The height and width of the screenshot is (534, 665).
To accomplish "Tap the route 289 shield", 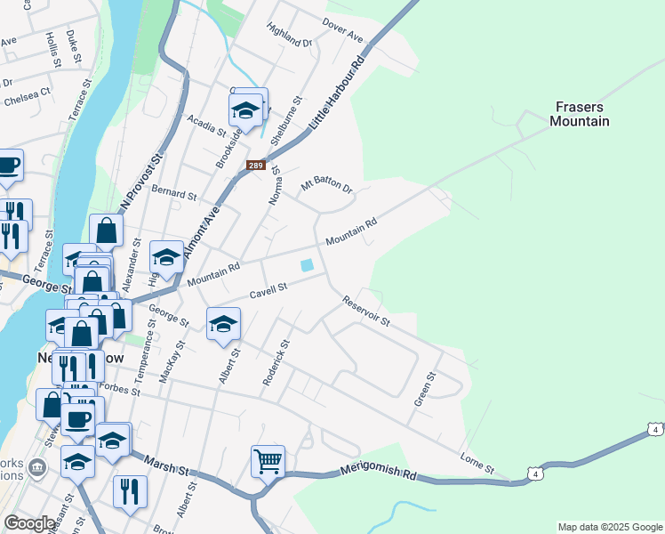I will [x=256, y=166].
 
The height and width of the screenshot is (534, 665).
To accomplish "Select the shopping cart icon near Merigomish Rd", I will [x=268, y=461].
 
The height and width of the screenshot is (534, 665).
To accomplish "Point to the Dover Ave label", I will [x=343, y=31].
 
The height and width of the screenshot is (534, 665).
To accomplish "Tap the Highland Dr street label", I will [x=289, y=35].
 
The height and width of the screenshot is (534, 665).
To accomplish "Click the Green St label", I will [x=425, y=390].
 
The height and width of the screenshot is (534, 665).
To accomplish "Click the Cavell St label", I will [x=269, y=289].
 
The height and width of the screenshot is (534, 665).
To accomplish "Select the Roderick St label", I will [x=276, y=362].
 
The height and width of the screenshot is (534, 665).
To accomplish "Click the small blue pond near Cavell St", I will [x=307, y=265].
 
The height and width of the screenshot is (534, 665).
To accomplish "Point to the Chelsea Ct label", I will [x=27, y=96].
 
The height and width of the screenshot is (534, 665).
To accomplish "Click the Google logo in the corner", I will [x=29, y=523].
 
